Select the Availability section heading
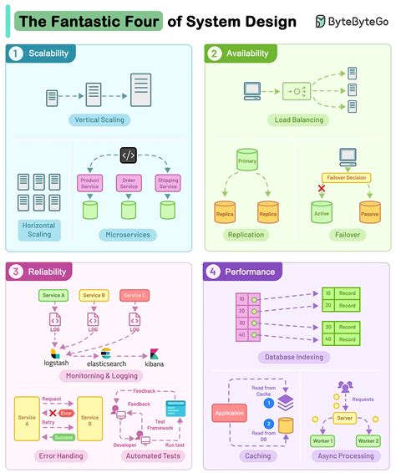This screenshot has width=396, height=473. [x=246, y=54]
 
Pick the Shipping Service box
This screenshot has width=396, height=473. [x=167, y=183]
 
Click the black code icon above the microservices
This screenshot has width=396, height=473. [x=128, y=155]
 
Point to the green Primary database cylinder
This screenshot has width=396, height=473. [x=246, y=160]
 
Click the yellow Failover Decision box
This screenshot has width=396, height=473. [x=345, y=177]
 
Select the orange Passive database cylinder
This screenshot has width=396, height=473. [x=368, y=212]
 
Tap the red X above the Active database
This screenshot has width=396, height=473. [x=321, y=189]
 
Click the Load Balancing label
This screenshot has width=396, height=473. [x=299, y=120]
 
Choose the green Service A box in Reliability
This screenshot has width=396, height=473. [x=53, y=295]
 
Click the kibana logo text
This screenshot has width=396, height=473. [x=155, y=364]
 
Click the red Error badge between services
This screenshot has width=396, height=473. [x=66, y=413]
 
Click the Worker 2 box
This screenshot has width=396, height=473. [x=368, y=440]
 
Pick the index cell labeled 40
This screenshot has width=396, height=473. [x=242, y=338]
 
